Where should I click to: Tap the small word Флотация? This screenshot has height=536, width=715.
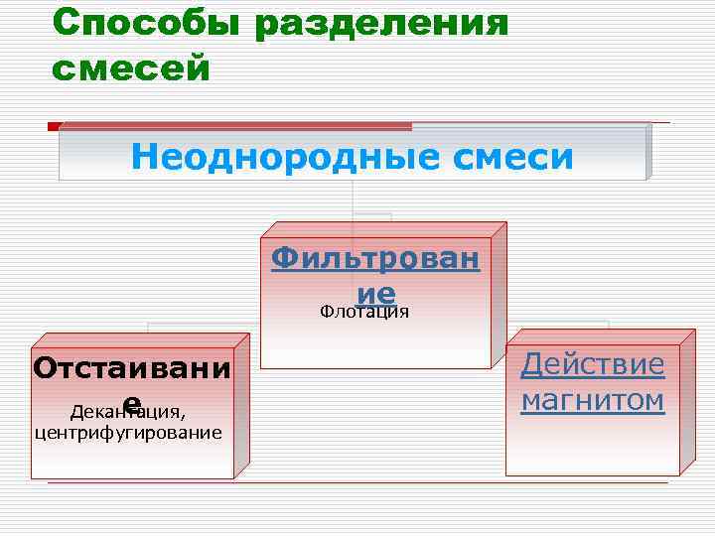(364, 312)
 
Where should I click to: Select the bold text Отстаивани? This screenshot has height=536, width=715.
(131, 369)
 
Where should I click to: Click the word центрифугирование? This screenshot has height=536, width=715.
(128, 433)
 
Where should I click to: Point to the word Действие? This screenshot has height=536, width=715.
(593, 364)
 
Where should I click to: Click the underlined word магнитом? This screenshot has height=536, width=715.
(593, 401)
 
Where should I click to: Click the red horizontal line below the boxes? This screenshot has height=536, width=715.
(357, 483)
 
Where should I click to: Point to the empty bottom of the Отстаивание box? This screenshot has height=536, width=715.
(129, 459)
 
